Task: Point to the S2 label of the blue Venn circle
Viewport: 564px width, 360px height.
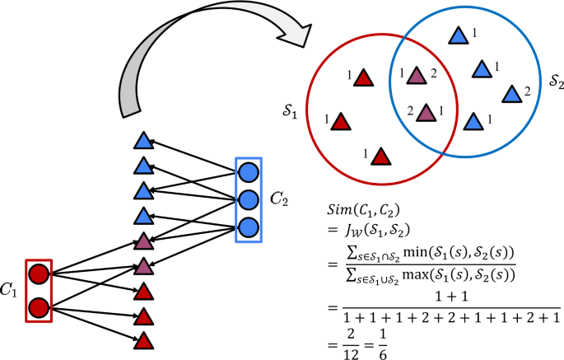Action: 557,82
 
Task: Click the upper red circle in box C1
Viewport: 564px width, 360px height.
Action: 38,275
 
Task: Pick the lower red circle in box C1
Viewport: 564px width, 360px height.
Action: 38,308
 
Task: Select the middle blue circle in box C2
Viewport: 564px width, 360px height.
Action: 248,199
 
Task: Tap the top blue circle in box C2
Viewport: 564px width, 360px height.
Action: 248,173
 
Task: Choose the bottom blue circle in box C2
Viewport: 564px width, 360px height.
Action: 248,226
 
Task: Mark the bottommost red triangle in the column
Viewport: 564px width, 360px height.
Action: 143,339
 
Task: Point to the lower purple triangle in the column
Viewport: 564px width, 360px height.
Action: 143,265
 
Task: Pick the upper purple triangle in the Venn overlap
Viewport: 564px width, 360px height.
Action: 417,76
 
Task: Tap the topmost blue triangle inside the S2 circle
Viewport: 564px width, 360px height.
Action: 458,35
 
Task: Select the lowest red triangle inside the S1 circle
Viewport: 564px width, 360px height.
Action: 380,154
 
